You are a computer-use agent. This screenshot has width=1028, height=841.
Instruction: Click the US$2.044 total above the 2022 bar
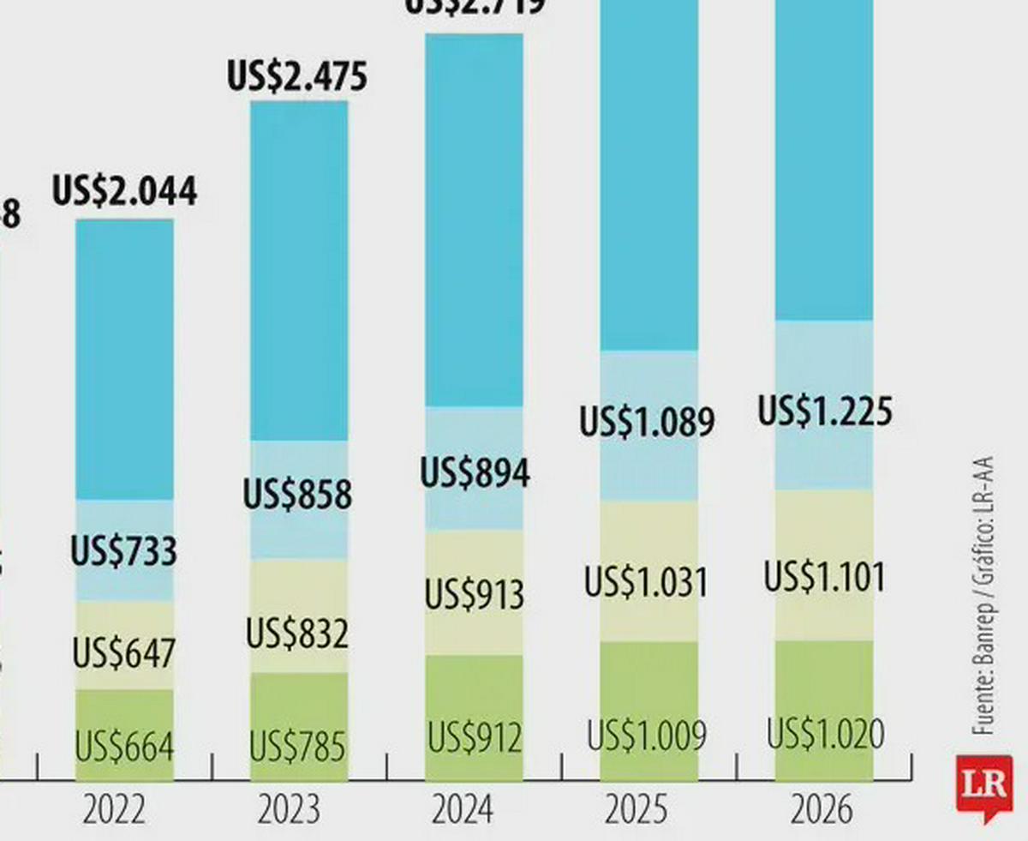click(x=125, y=190)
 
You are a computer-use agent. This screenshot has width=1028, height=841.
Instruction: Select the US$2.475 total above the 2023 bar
click(x=297, y=75)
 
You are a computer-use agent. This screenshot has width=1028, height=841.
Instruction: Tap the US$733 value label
click(x=124, y=550)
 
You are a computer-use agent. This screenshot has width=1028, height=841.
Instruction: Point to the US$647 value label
click(x=124, y=653)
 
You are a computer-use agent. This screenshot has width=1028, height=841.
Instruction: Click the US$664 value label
click(x=124, y=747)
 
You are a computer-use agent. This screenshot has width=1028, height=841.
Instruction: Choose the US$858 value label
click(x=297, y=495)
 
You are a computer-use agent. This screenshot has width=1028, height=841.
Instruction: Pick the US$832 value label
click(x=297, y=634)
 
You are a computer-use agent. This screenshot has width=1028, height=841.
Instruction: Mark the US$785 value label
click(x=297, y=747)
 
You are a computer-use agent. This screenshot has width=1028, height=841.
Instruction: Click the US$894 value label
click(x=475, y=473)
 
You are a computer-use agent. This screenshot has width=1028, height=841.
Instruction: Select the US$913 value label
click(x=475, y=594)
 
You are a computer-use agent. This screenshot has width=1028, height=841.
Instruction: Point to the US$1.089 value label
click(x=647, y=423)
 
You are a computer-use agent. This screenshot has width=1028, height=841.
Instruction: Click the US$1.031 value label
click(x=647, y=583)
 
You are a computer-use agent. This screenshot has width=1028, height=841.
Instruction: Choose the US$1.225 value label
click(x=825, y=411)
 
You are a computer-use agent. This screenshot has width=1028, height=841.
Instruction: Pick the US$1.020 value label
click(x=825, y=735)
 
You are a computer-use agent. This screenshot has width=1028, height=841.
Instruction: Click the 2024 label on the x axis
click(x=463, y=810)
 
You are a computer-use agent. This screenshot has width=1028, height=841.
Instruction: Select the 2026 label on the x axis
click(x=822, y=810)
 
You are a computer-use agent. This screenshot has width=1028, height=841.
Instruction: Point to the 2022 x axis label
click(x=114, y=810)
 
